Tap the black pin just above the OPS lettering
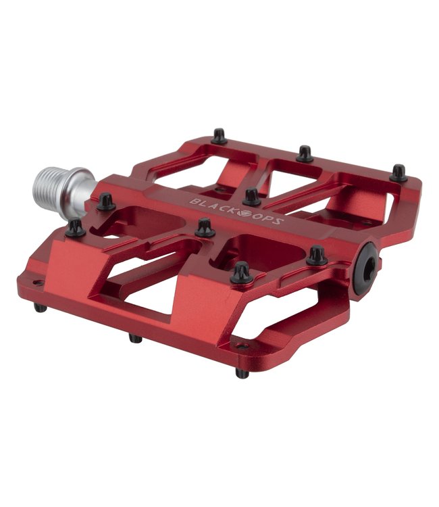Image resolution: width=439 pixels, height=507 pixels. click(252, 197)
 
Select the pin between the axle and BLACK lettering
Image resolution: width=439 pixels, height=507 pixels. click(105, 201)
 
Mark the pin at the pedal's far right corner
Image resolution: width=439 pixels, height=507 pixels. click(398, 173)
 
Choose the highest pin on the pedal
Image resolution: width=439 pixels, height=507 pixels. click(219, 137)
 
